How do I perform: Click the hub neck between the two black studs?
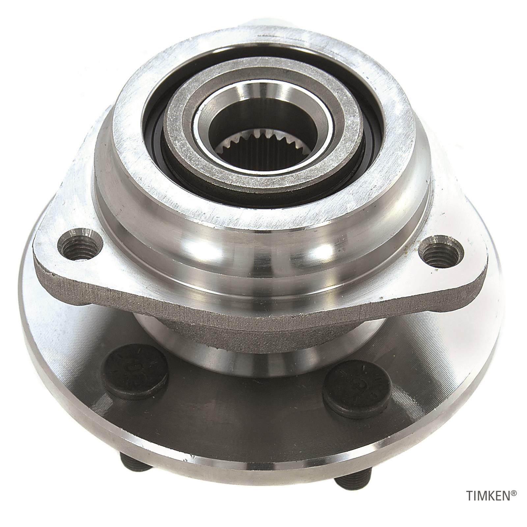(x=244, y=359)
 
